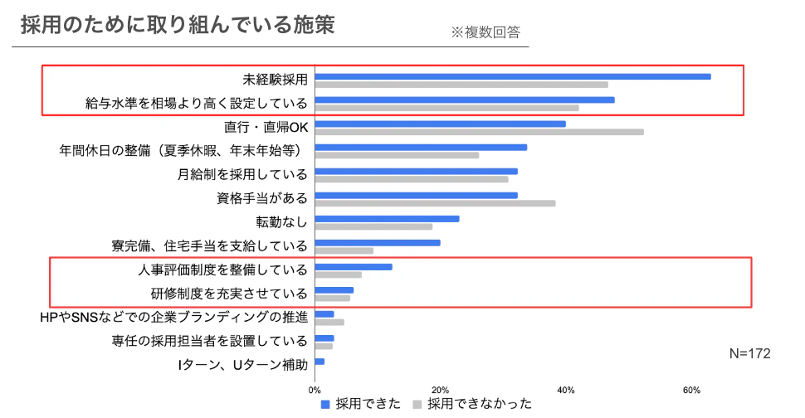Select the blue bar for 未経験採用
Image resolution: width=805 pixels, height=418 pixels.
[x=513, y=76]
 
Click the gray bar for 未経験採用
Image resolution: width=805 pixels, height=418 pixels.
[x=461, y=85]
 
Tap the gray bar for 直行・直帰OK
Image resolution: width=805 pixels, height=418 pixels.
[x=480, y=132]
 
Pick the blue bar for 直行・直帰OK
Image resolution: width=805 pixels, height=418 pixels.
[x=441, y=124]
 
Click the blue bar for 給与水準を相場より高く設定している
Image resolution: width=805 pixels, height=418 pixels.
[x=465, y=100]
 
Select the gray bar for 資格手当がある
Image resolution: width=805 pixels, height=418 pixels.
[x=436, y=203]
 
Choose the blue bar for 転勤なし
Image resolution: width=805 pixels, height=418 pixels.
[x=388, y=219]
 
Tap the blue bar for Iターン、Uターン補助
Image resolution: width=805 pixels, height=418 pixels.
[x=320, y=362]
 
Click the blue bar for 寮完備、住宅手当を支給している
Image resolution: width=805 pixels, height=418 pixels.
[x=378, y=243]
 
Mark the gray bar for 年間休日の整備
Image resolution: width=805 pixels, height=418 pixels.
[x=398, y=155]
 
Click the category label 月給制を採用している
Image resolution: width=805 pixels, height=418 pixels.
[x=242, y=175]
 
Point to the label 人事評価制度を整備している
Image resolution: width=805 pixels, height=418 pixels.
[x=222, y=270]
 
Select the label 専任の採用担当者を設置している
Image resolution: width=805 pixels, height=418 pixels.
[x=210, y=341]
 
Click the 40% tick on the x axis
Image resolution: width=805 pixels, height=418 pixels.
[x=566, y=390]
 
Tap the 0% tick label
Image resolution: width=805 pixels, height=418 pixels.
[x=315, y=390]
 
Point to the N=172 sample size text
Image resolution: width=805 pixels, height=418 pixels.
[x=749, y=353]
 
